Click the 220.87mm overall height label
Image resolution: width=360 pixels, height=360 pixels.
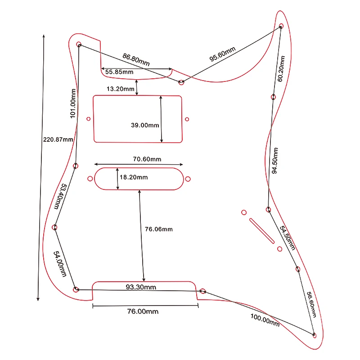58,139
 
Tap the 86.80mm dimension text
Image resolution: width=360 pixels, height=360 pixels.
136,59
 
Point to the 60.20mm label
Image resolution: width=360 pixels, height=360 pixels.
281,69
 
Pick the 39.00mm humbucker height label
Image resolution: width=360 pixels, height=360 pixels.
145,125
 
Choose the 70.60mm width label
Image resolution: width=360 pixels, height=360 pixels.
147,159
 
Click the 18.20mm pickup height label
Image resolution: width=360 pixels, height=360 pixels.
134,177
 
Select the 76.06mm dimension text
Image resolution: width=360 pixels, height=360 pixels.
158,229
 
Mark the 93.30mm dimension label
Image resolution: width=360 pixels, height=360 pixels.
141,287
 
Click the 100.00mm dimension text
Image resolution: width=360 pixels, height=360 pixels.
265,320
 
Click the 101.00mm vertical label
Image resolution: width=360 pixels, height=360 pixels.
72,103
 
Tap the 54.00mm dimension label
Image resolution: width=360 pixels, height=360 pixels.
60,264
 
